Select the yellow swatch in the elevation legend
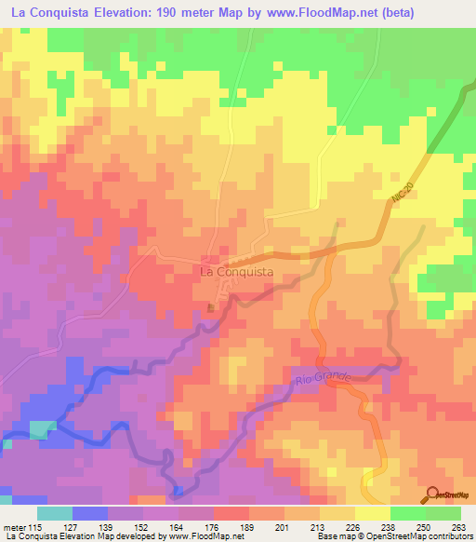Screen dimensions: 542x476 coord(373,513)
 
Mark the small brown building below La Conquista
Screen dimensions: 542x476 coord(211,308)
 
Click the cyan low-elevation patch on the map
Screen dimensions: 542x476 coord(40,429)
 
